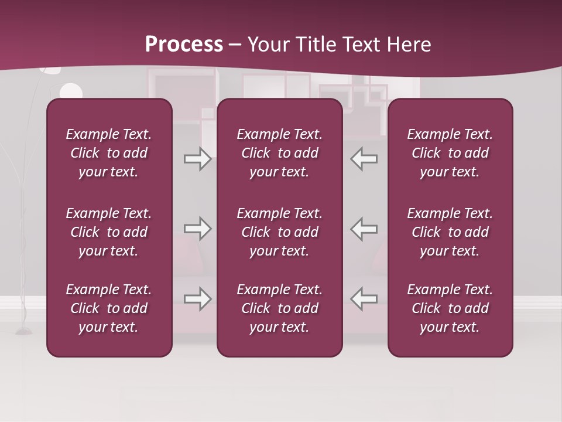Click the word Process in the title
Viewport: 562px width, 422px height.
point(184,45)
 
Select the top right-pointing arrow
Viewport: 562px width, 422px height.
point(198,159)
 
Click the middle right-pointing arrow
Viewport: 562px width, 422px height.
point(198,229)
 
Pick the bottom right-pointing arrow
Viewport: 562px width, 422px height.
point(198,299)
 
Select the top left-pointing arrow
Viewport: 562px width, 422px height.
point(364,159)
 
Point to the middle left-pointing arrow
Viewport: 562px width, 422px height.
point(364,229)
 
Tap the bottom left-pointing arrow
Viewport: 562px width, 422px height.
point(364,299)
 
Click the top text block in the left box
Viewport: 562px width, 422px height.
point(109,153)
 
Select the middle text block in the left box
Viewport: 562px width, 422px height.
point(109,232)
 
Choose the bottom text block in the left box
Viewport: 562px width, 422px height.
point(109,308)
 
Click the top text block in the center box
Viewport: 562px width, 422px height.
point(279,153)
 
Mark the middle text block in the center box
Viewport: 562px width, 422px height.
point(279,232)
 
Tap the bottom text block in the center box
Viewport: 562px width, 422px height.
point(279,308)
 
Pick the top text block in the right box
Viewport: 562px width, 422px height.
point(450,153)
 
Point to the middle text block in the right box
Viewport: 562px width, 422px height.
point(450,232)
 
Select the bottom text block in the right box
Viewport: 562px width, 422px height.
point(450,308)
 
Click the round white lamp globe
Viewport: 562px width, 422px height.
point(71,91)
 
